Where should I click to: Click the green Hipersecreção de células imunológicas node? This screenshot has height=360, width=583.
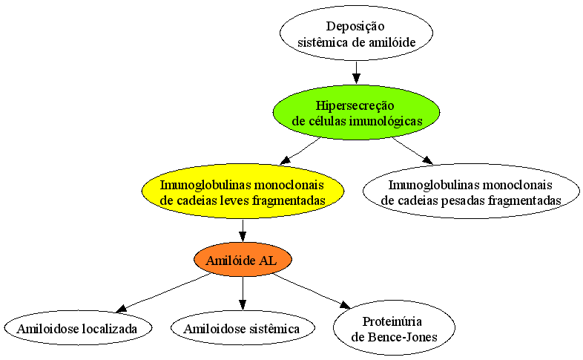[356, 112]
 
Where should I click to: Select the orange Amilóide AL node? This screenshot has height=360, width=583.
[243, 260]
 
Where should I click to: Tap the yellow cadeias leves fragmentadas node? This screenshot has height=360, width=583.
[243, 192]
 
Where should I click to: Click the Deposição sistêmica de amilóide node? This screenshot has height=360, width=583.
[356, 33]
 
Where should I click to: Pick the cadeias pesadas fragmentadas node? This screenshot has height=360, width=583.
[471, 192]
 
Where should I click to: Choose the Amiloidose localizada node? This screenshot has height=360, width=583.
[78, 328]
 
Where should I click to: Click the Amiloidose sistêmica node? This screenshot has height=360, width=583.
[243, 328]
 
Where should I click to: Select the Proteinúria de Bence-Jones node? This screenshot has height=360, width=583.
[394, 328]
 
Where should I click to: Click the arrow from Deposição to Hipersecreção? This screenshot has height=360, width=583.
[356, 72]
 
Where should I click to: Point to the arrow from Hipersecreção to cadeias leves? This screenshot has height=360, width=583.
[300, 151]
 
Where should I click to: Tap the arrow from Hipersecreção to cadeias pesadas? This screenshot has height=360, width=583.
[412, 151]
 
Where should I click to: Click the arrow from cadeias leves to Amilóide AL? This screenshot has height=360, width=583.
[243, 231]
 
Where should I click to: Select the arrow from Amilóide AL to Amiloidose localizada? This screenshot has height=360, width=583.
[164, 292]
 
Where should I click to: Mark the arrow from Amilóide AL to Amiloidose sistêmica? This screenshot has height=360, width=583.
[243, 293]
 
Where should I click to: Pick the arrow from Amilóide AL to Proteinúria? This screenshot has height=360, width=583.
[312, 291]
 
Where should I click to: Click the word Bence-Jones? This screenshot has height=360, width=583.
[402, 337]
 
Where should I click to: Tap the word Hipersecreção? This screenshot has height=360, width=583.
[355, 106]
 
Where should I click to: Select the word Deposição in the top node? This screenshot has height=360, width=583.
[355, 27]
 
